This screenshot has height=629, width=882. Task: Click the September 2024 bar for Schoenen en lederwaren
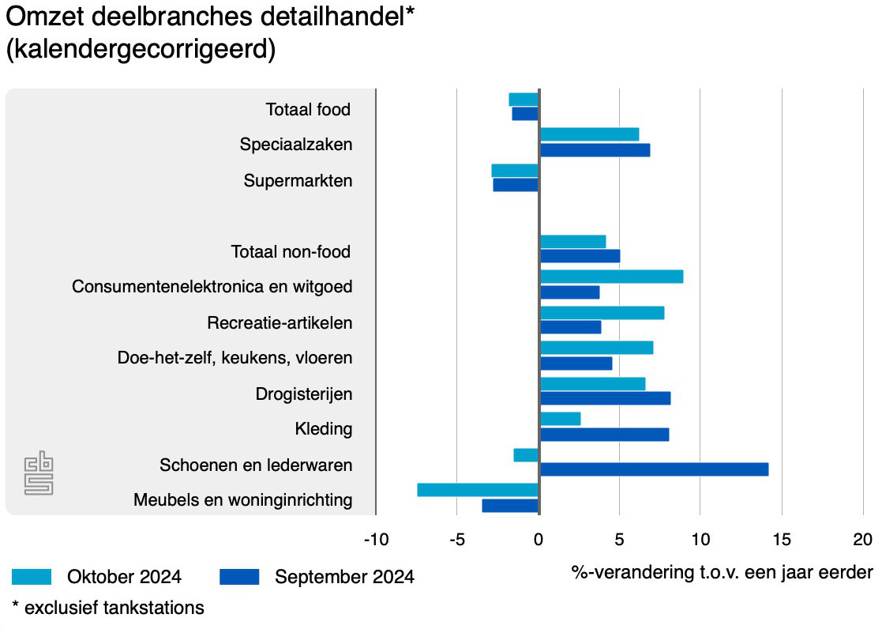click(654, 469)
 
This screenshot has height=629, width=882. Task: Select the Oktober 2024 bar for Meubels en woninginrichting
click(478, 490)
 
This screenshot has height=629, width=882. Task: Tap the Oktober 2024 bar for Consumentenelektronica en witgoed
click(611, 277)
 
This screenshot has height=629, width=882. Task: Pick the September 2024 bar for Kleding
click(604, 434)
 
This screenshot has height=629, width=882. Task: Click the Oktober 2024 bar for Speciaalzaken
click(589, 134)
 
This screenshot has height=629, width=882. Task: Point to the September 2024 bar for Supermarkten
click(516, 185)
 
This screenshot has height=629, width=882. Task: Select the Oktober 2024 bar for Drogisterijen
click(592, 384)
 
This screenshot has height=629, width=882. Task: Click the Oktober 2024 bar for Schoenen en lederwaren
click(526, 455)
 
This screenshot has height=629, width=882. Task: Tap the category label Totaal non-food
click(291, 252)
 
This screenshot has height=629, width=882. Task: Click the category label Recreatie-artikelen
click(280, 322)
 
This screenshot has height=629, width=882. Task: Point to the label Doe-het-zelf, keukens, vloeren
click(235, 358)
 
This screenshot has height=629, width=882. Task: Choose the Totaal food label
click(307, 110)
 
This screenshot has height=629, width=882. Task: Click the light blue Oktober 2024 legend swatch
click(32, 577)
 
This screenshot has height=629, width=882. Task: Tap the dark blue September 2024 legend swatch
click(239, 577)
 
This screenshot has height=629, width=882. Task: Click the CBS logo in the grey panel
click(39, 473)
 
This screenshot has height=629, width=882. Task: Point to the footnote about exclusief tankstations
click(107, 608)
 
